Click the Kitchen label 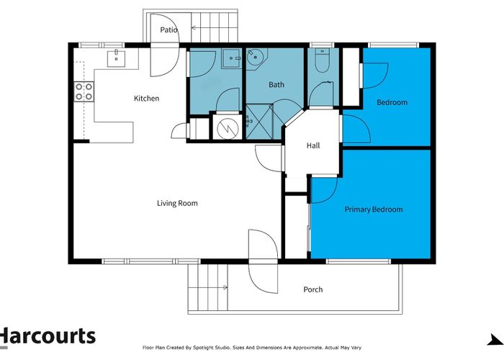tap(146, 99)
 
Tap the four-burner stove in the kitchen tap(83, 91)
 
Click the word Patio tap(169, 30)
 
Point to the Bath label tap(276, 85)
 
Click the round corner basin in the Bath tap(256, 58)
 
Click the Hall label tap(313, 145)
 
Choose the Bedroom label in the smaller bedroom tap(392, 102)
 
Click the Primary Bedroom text tap(373, 210)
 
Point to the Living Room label tap(177, 203)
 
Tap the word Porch tap(313, 289)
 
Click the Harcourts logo tap(48, 336)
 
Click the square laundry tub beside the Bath tap(231, 58)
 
